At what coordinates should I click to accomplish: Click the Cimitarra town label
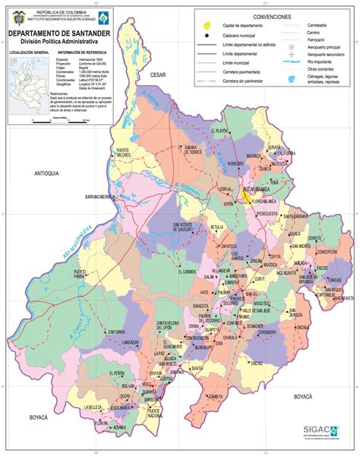point(116,332)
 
